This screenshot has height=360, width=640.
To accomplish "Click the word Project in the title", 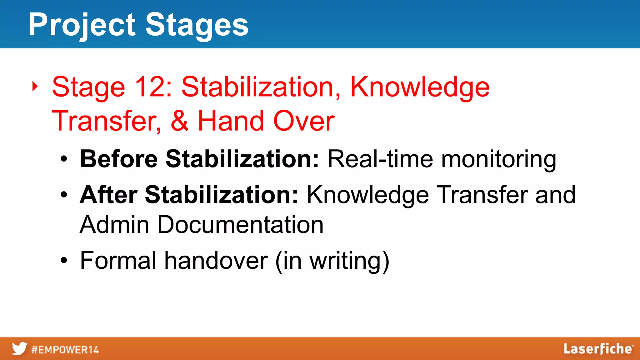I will point(82,25).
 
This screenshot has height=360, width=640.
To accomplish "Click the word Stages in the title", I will point(197,25).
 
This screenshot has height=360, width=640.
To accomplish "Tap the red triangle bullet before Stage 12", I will point(35,86).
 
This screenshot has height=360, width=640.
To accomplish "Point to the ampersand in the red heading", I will point(179,121).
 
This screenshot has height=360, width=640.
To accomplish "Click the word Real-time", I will point(380,159).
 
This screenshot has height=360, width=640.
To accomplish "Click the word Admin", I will point(114,225).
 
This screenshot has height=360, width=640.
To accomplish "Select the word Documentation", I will point(240,225).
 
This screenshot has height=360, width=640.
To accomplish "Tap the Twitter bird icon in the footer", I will point(19,349).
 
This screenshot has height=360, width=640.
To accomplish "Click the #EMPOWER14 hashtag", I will point(65,350).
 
